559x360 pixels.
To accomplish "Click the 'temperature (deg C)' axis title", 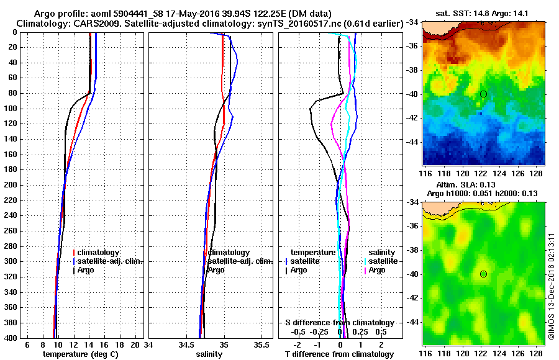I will click(80, 354).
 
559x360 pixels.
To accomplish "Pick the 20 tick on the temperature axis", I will click(136, 344).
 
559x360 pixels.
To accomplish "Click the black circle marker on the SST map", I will click(483, 94).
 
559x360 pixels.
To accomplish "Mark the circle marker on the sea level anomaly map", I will click(483, 274).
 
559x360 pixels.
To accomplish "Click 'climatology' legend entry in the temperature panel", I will click(99, 253).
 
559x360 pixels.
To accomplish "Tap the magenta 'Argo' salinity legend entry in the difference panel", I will click(376, 270).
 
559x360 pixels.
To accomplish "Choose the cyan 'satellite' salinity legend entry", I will click(383, 261).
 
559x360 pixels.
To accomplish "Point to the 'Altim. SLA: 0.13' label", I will click(475, 186).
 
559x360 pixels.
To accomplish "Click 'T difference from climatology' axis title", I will click(340, 354).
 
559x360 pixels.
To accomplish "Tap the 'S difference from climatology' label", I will click(340, 323).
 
